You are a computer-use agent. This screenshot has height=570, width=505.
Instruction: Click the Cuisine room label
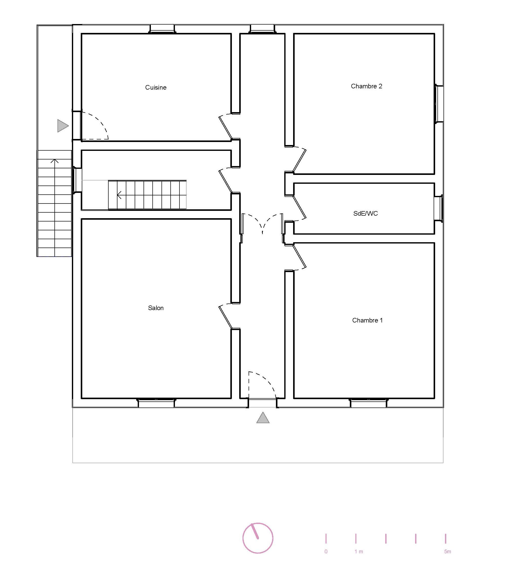click(x=156, y=88)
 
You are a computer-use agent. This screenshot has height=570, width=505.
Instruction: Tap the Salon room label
click(x=156, y=308)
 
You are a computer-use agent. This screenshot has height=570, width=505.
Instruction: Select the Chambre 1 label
click(x=367, y=320)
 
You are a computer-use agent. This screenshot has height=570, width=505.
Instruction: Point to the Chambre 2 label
click(x=367, y=86)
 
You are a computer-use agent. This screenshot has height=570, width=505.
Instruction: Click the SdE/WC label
click(x=365, y=213)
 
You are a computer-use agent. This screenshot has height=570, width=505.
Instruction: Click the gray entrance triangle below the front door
click(x=263, y=418)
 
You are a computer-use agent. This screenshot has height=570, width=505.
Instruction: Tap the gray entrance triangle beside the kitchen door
click(x=63, y=126)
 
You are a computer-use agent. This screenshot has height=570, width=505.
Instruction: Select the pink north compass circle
click(x=258, y=538)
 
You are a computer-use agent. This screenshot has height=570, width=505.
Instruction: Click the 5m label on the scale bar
click(x=448, y=551)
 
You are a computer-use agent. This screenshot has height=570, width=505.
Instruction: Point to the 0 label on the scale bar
click(x=326, y=551)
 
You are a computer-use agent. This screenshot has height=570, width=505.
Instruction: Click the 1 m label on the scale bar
click(x=359, y=551)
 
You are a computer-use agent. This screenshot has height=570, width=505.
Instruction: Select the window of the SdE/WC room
click(x=439, y=208)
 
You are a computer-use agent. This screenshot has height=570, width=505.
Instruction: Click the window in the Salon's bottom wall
click(x=156, y=403)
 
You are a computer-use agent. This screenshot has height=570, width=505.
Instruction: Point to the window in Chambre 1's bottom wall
click(x=368, y=403)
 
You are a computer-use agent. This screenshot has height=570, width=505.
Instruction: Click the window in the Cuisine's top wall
click(x=162, y=29)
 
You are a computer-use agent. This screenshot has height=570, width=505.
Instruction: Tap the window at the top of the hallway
click(x=262, y=29)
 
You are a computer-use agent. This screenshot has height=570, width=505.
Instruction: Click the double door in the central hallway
click(x=262, y=225)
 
